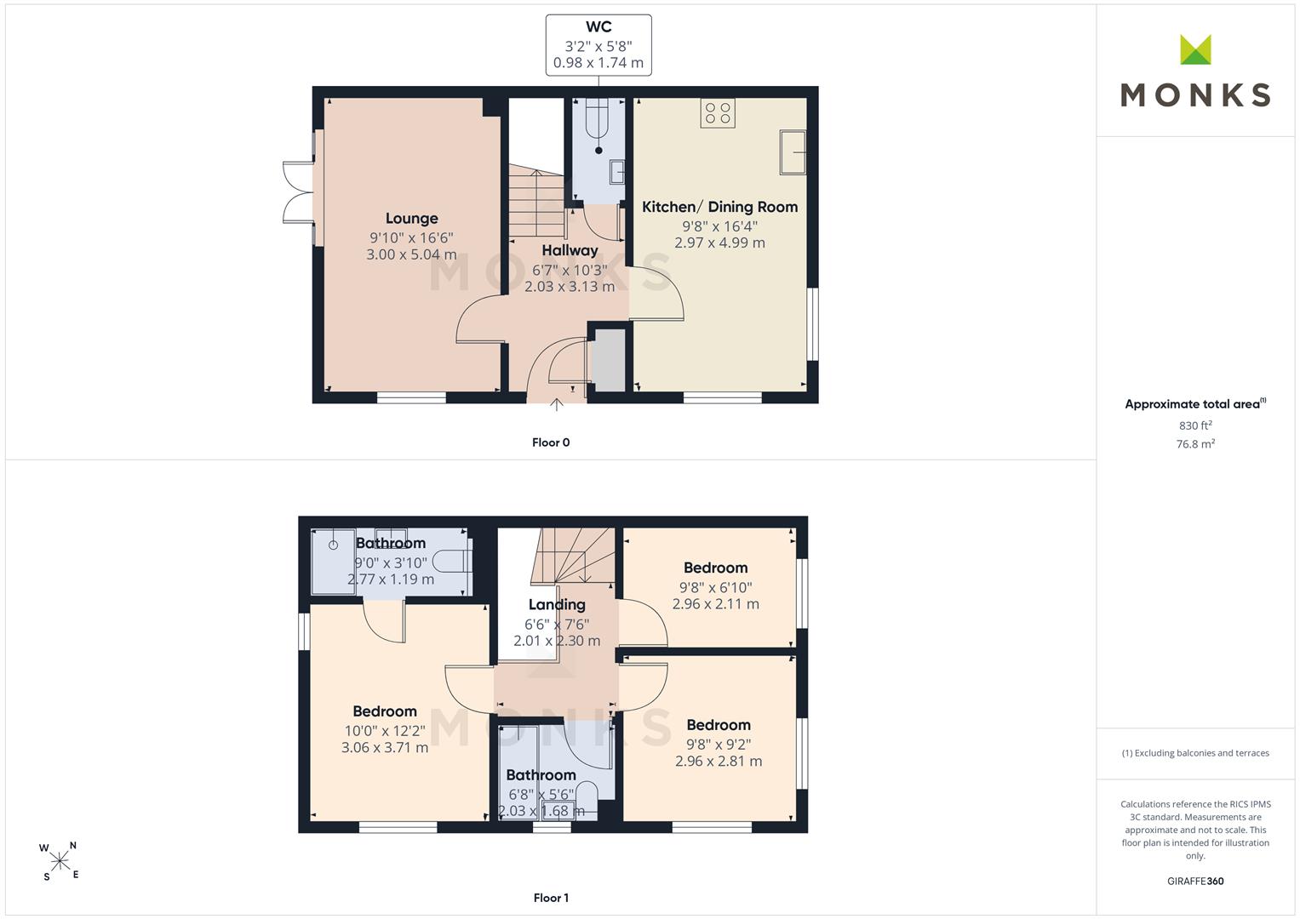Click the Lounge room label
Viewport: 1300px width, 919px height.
(x=411, y=218)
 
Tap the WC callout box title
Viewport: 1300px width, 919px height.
(x=598, y=26)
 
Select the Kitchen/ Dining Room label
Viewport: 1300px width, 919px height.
(x=719, y=207)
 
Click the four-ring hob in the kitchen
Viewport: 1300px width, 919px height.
(x=718, y=113)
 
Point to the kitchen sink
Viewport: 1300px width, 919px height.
(x=793, y=152)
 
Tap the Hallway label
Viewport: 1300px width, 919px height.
(x=570, y=251)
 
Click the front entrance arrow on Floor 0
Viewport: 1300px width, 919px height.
(x=557, y=404)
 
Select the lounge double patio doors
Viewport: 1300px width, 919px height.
(x=299, y=192)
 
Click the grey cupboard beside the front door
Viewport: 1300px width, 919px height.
(x=608, y=360)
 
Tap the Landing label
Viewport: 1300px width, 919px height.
(x=557, y=604)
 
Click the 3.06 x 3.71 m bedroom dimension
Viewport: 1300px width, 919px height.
(x=385, y=747)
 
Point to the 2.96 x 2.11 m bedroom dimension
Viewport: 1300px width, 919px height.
(x=716, y=604)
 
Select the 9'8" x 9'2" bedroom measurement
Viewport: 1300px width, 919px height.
(x=719, y=744)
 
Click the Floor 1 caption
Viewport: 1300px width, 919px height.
(x=551, y=898)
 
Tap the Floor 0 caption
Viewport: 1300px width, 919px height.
(x=551, y=442)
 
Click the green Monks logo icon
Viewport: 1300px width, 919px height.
(x=1195, y=49)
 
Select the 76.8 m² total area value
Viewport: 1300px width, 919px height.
(x=1195, y=444)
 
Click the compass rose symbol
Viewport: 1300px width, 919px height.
(x=60, y=861)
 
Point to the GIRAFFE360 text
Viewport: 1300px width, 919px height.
(x=1195, y=881)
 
